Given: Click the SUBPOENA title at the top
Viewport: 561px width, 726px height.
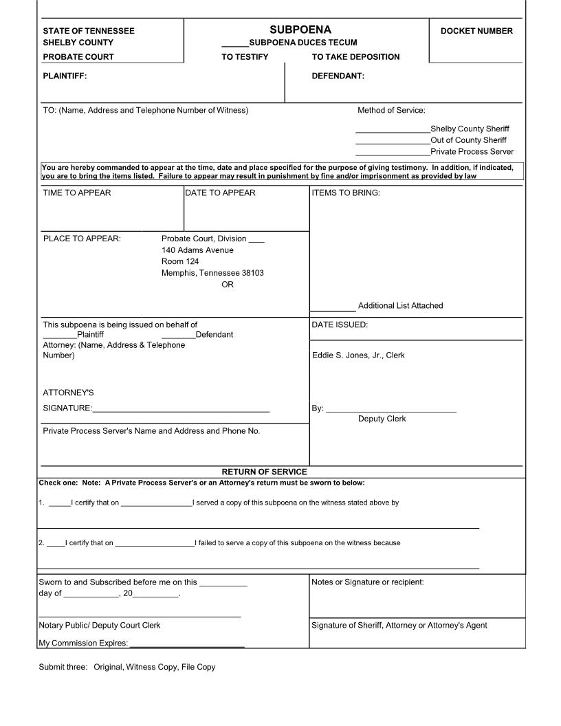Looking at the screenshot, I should (300, 30).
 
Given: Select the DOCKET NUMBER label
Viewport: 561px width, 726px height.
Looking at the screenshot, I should (476, 31).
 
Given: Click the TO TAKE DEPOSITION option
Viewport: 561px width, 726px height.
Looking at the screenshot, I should (355, 57).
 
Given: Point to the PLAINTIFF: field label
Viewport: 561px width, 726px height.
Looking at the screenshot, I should (65, 76).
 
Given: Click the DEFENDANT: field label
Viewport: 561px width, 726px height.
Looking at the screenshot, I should (338, 76).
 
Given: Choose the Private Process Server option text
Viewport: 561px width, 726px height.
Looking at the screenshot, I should (472, 152).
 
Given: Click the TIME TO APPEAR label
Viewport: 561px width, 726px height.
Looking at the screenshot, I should (77, 193).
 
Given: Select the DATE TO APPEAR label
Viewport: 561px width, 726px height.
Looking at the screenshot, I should (220, 193).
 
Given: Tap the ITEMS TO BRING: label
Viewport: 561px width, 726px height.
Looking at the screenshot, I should (346, 193).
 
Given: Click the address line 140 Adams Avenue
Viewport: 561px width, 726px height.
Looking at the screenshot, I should (197, 250).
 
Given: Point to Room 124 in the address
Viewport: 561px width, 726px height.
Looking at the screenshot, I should (180, 262).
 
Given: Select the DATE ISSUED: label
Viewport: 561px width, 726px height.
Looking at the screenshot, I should (340, 325).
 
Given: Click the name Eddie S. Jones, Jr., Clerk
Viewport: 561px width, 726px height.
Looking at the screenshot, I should (358, 355).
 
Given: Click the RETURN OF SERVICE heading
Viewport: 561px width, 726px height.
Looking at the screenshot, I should (264, 472).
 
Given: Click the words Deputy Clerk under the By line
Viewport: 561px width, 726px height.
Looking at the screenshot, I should (382, 419).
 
